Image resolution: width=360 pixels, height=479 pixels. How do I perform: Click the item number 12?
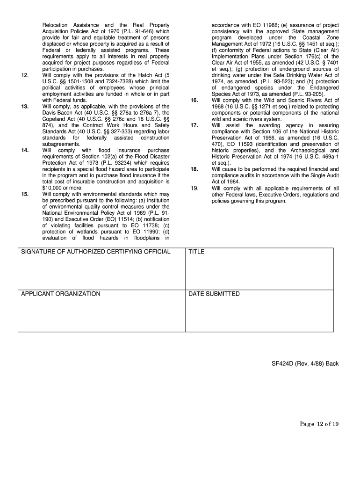tap(25, 75)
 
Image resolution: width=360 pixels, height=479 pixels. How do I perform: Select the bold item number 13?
tap(25, 107)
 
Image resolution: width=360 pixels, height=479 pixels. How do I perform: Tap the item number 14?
tap(25, 151)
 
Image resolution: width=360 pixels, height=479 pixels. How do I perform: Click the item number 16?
tap(194, 101)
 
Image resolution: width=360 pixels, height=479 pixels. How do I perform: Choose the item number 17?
tap(194, 125)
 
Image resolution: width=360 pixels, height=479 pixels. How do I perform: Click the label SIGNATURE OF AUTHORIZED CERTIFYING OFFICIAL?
tap(96, 252)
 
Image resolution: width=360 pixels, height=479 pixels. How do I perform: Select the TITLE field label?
tap(196, 252)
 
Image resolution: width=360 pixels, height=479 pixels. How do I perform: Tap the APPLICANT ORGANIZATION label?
tap(61, 294)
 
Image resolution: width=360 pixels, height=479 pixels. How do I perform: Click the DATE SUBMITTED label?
tap(214, 294)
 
